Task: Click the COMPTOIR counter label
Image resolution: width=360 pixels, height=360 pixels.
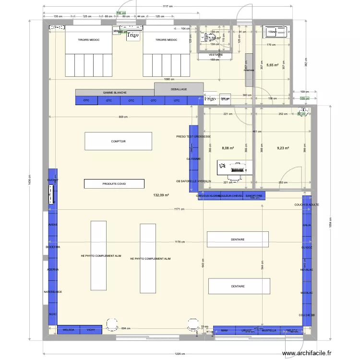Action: point(118,142)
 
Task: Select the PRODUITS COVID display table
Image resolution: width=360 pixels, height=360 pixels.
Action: point(114,183)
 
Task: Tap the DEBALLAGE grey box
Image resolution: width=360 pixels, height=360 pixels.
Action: point(178,89)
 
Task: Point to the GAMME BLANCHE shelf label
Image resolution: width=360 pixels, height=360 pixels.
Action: point(115,92)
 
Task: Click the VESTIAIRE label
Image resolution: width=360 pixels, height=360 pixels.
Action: point(216,55)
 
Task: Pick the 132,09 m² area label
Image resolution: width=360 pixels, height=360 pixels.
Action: point(161,195)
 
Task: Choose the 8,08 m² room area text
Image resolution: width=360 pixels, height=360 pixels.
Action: point(227,148)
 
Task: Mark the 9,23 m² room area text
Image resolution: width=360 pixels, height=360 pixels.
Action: point(283,148)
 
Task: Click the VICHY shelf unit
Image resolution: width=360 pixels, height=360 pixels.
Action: point(91,330)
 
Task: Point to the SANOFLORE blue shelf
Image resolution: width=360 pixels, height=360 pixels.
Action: point(254,196)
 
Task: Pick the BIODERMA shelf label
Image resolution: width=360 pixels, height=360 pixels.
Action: point(53,247)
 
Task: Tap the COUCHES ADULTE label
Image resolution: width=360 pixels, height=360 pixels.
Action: point(306,205)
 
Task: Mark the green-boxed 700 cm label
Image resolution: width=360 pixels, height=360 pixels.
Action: point(121,13)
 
